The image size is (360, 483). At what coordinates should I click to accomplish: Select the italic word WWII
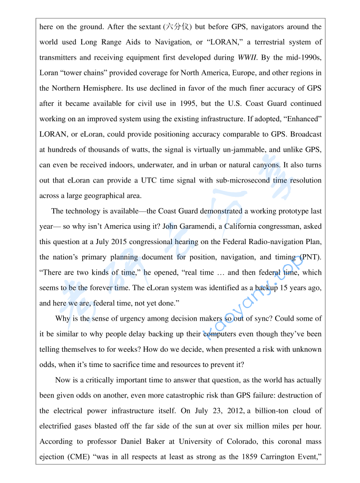[x=247, y=57]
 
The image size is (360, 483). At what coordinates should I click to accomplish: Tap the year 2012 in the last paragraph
[x=197, y=411]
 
